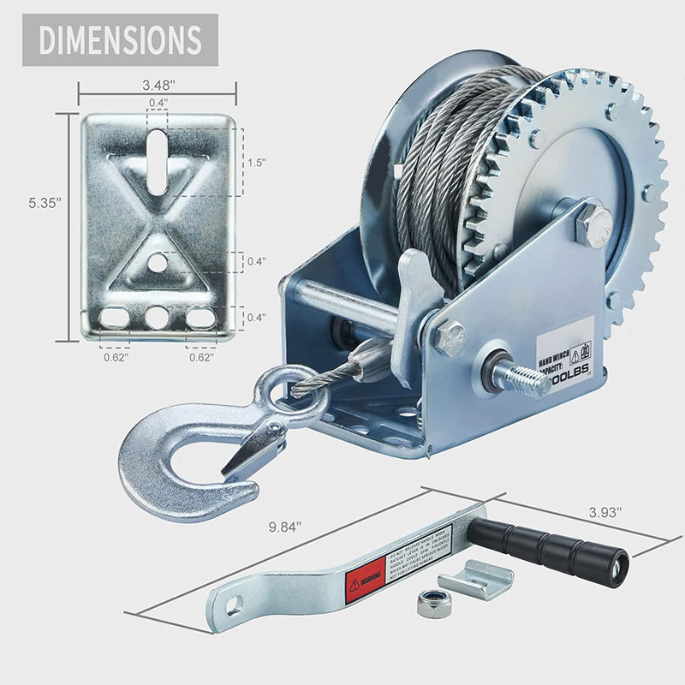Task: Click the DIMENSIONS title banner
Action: (x=120, y=39)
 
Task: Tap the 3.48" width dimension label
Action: (x=157, y=85)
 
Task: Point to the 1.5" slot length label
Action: (x=257, y=162)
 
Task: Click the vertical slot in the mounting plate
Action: (x=157, y=162)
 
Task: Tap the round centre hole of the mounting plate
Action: (x=158, y=262)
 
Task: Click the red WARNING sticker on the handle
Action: (x=362, y=583)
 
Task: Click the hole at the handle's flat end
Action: (x=233, y=608)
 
